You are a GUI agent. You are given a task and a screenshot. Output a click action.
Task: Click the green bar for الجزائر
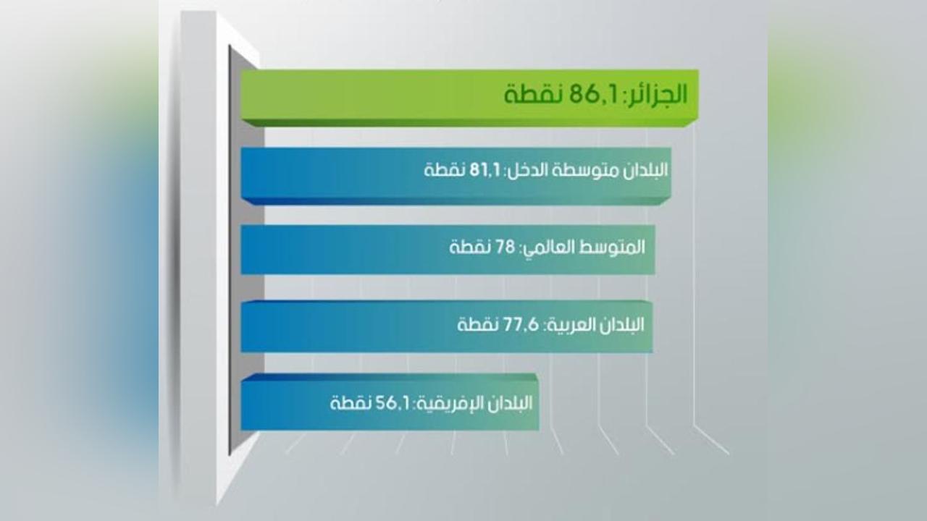click(x=470, y=98)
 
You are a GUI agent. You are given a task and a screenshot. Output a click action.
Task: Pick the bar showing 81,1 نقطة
click(x=456, y=176)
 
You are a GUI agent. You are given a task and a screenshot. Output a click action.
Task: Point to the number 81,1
click(x=485, y=170)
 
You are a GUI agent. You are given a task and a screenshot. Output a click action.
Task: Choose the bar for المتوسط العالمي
click(x=448, y=250)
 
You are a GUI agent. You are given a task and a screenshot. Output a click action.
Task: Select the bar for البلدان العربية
click(x=447, y=326)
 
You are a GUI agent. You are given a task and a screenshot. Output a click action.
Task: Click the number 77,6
click(x=521, y=325)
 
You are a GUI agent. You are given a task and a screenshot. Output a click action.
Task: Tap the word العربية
click(x=571, y=325)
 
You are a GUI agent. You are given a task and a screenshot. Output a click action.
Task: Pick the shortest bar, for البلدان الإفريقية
click(x=390, y=402)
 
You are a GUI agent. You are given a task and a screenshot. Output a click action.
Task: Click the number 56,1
click(x=393, y=403)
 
